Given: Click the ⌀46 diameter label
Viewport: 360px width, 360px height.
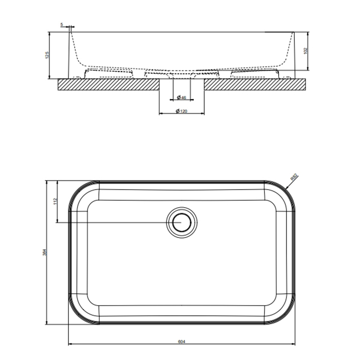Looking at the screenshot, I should pos(181,97).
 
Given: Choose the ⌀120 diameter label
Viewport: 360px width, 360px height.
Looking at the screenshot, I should pos(181,111).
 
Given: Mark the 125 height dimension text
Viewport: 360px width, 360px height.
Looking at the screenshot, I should pos(46,56).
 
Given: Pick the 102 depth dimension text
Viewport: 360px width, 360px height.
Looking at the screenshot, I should pos(305,51).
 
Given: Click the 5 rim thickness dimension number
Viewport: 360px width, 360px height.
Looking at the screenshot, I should pos(62,24).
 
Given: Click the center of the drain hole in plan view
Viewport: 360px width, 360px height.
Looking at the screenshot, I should pos(181,222).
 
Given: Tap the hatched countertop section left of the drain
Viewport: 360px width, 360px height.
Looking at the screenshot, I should pos(108,84).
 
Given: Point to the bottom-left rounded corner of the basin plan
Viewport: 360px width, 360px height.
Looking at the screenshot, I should pos(77,316).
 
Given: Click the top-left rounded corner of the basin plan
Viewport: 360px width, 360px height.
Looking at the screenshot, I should pos(77,190).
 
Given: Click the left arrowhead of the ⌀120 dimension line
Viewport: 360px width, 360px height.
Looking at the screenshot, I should pos(159,113).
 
